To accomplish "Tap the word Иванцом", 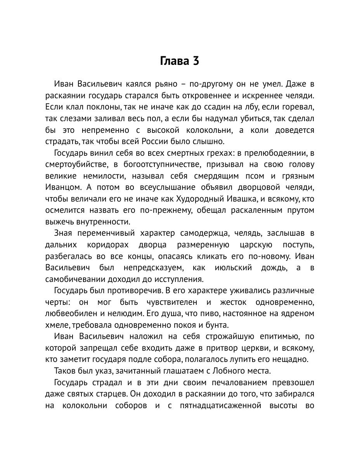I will click(x=64, y=187).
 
